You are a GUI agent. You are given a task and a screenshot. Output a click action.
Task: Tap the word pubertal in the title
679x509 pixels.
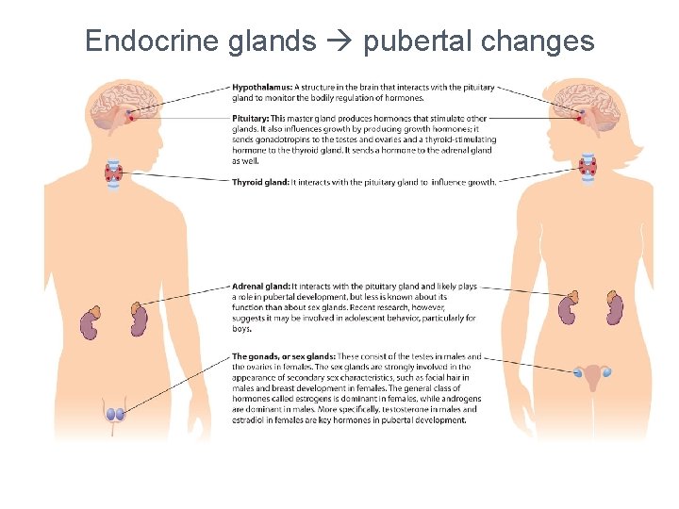click(x=419, y=41)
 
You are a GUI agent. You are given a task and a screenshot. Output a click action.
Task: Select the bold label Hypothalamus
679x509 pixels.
click(x=261, y=88)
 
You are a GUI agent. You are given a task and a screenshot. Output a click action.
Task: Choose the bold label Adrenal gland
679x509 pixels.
click(x=260, y=286)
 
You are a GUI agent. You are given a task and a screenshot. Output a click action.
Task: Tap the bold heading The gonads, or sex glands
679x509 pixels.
click(x=283, y=356)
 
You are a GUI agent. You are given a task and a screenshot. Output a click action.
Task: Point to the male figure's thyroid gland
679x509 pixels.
click(x=115, y=172)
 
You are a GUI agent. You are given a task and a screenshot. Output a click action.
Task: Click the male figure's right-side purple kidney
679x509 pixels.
click(x=138, y=320)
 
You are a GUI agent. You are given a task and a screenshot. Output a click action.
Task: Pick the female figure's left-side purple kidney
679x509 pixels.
click(x=567, y=309)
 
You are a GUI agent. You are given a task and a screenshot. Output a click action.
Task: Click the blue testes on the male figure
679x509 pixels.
click(x=115, y=414)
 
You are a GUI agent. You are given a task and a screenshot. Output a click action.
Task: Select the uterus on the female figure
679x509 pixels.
click(x=593, y=376)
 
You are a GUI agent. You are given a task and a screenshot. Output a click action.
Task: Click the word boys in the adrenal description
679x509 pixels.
click(x=241, y=329)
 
